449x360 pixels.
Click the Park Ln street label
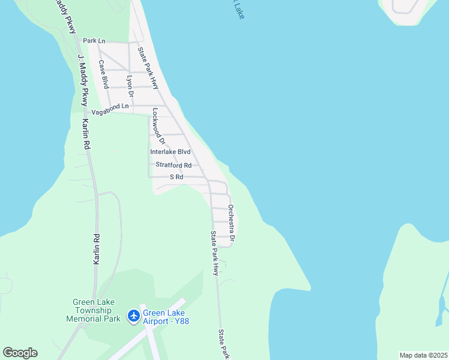coord(94,41)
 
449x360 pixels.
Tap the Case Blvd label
coord(104,71)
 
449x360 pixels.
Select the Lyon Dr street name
coord(129,86)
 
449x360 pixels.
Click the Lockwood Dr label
coord(158,127)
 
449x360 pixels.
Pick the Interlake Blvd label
coord(170,152)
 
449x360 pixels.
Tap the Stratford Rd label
coord(173,165)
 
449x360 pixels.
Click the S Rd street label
coord(176,177)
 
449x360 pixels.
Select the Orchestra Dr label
coord(231,222)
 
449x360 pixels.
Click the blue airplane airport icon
coord(133,316)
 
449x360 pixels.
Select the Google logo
coord(20,353)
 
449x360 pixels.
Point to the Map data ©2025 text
coord(423,355)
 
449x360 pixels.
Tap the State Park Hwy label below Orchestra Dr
coord(214,253)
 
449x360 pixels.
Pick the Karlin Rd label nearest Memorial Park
coord(96,249)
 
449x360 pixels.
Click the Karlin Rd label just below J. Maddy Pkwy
coord(86,134)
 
